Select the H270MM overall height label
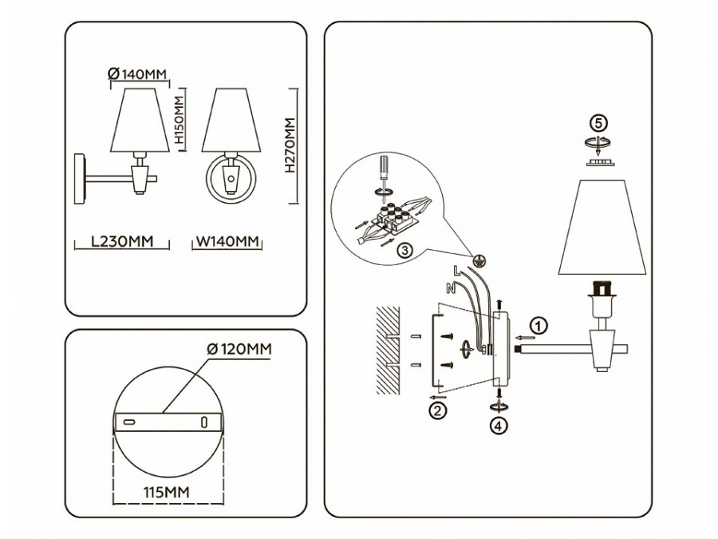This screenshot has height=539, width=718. [x=289, y=146]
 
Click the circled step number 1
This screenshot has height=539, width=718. [x=540, y=325]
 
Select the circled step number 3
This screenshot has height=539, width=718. [x=405, y=250]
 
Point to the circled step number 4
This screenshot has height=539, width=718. [x=499, y=425]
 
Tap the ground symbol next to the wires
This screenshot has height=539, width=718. [x=479, y=260]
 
